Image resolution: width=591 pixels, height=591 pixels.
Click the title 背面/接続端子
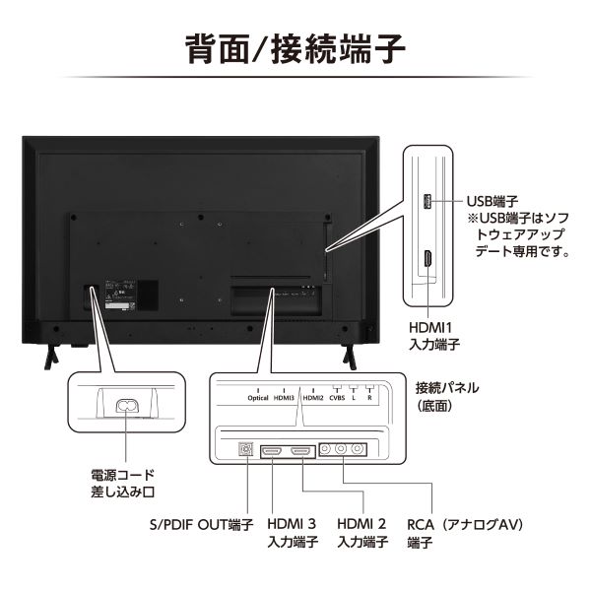click(x=295, y=48)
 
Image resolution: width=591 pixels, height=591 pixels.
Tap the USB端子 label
click(x=492, y=201)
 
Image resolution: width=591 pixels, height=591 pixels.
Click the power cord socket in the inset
click(x=127, y=404)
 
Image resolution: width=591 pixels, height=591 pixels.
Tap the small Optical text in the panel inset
click(x=258, y=398)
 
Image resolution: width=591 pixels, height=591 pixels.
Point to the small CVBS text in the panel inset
click(x=338, y=398)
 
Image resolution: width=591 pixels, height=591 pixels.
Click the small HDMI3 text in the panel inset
click(x=285, y=398)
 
